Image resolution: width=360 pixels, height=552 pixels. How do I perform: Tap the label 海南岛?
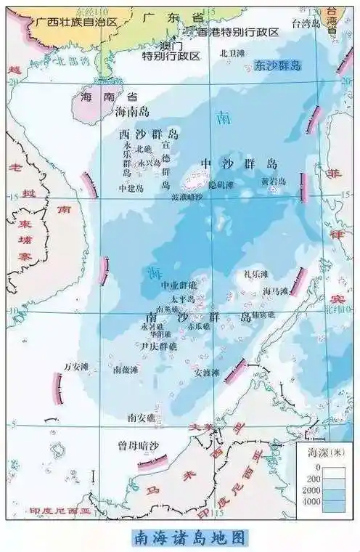tap(133, 112)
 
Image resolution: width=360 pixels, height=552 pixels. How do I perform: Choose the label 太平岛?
tap(183, 299)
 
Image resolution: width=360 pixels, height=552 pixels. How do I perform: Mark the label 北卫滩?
tap(232, 53)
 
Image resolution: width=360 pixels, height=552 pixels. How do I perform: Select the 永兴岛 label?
tap(150, 163)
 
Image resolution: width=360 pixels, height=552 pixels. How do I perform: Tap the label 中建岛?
tap(131, 187)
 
